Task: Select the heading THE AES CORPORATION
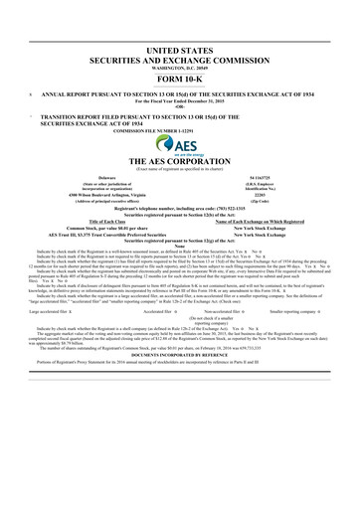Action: [x=180, y=161]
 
